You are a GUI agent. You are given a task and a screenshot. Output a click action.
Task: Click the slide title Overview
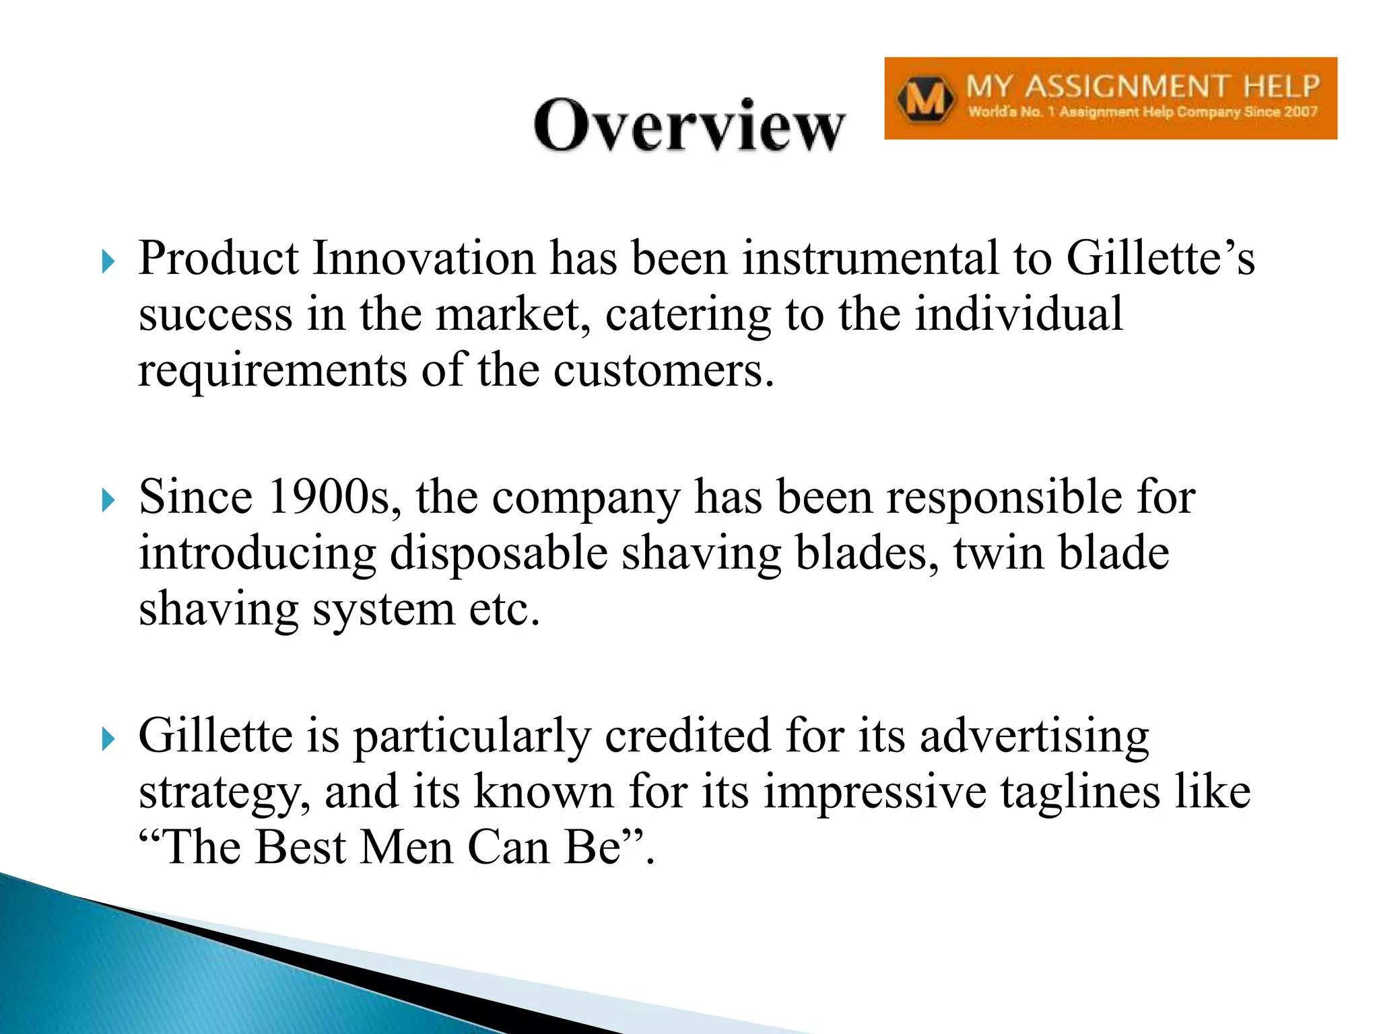689,126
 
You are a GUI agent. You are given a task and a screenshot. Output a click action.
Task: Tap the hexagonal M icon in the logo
925,100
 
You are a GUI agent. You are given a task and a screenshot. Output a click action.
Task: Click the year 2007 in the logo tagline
1301,112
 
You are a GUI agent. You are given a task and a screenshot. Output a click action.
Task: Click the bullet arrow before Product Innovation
108,261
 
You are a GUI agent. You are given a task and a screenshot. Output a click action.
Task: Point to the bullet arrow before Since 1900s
108,500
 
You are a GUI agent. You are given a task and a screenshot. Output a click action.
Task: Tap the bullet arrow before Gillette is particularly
108,739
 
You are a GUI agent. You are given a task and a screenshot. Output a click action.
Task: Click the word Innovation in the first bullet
424,258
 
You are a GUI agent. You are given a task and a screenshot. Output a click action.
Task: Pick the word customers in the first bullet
663,371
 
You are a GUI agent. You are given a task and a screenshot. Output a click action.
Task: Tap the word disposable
498,553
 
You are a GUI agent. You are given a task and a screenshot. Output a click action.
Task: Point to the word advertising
1034,736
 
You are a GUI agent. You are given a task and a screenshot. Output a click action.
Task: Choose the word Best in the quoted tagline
300,848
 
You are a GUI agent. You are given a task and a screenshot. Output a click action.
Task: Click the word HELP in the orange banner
1281,87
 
